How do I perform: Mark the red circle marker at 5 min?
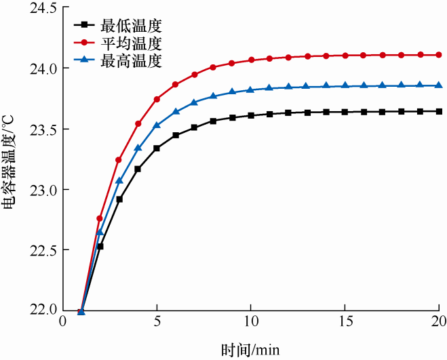click(157, 99)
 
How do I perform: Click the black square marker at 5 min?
click(157, 148)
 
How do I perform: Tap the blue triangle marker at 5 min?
click(157, 125)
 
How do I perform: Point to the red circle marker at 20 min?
click(439, 55)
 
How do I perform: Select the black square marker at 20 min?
click(439, 111)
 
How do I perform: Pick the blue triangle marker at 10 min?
click(251, 89)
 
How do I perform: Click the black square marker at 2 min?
click(100, 246)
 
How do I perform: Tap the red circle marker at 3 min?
click(119, 160)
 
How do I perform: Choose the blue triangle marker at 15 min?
click(345, 85)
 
